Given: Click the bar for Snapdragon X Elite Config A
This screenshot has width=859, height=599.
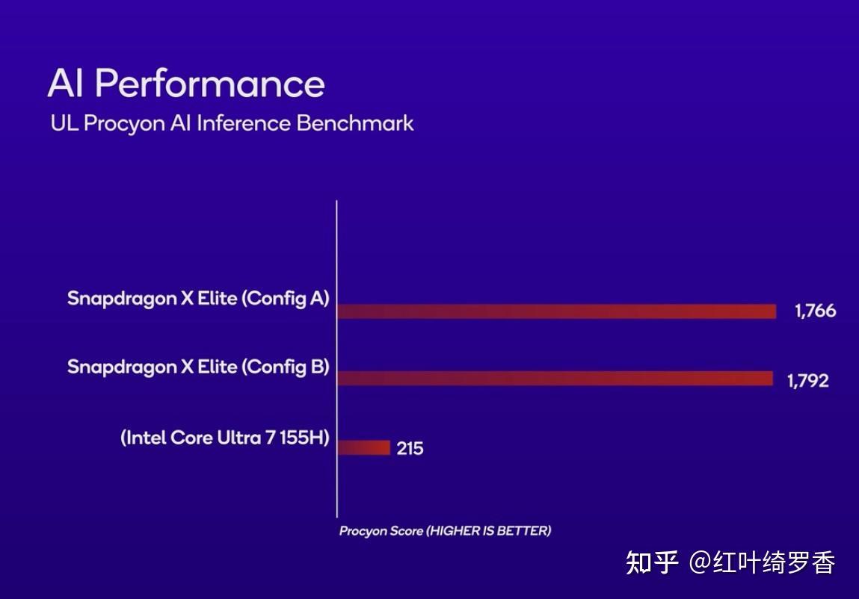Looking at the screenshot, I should tap(557, 311).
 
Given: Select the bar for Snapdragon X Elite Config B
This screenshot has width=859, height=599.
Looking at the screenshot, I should tap(555, 379).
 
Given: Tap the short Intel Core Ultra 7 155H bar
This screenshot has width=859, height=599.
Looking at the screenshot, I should tap(364, 447).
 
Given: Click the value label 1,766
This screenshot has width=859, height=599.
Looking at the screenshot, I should tap(815, 311).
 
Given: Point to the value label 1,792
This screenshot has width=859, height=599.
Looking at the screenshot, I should tap(807, 381).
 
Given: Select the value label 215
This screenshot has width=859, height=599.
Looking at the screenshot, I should tap(410, 448).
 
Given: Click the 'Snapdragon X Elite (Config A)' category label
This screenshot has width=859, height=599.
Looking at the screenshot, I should tap(198, 298).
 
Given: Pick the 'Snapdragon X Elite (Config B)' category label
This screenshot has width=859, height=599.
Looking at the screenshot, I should tap(198, 367).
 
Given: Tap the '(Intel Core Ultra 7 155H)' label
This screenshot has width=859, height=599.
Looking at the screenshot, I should tap(225, 438).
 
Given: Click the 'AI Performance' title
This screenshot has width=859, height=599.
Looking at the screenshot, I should tap(186, 83).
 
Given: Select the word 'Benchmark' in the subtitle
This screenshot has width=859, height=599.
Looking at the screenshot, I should tap(355, 123).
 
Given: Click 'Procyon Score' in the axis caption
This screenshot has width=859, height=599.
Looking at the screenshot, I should tap(381, 531).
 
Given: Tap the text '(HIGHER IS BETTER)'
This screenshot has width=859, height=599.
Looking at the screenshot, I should tap(488, 531).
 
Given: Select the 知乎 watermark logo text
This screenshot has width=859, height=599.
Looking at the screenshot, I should tap(652, 562).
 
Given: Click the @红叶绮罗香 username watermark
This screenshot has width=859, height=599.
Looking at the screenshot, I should tap(762, 562).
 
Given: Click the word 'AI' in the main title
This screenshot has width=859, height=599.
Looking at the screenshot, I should tap(66, 83).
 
